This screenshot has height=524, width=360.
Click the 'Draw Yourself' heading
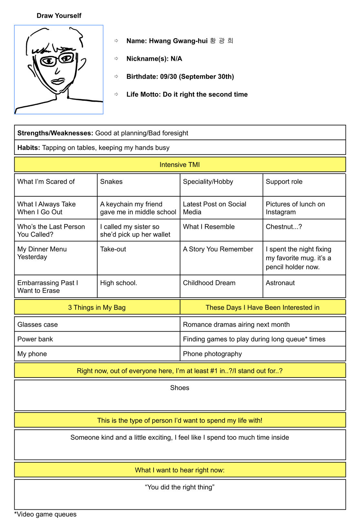(x=59, y=16)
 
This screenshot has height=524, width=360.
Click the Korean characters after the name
(x=221, y=41)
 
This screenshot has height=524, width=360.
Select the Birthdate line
(x=180, y=77)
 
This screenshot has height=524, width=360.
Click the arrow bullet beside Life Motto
(x=116, y=94)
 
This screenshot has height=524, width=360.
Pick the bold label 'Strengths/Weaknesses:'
(x=55, y=133)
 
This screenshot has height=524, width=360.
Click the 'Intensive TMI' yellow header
(x=180, y=165)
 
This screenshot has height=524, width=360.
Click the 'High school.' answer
(x=119, y=283)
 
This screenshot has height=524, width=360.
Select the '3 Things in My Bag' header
(x=97, y=308)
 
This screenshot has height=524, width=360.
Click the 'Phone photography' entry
(x=212, y=354)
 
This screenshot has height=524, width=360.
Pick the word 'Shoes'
(x=180, y=388)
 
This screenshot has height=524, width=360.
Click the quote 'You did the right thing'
(x=180, y=487)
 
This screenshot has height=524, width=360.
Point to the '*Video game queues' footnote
(x=46, y=514)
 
